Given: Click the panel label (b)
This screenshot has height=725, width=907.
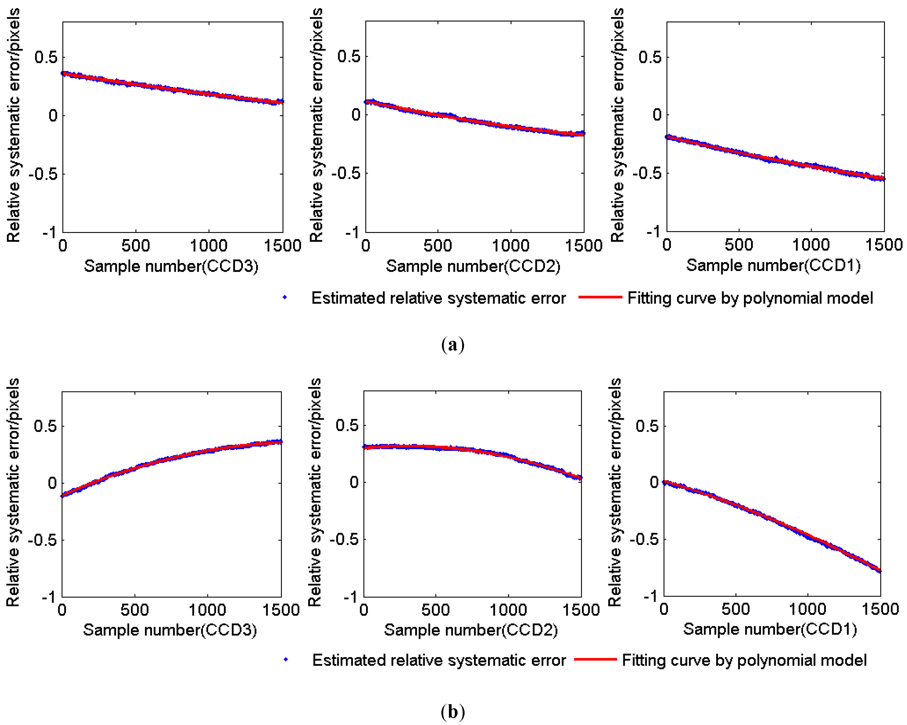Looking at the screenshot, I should (453, 711).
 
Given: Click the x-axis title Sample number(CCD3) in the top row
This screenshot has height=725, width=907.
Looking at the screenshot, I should (171, 266).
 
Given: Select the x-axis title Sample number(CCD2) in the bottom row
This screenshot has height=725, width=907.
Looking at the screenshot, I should (471, 630).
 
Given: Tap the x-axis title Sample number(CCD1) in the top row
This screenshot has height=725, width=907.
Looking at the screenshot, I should (773, 265).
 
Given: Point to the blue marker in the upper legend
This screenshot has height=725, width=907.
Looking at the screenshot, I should (285, 297).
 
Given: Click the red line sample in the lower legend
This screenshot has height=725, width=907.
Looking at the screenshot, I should (595, 659).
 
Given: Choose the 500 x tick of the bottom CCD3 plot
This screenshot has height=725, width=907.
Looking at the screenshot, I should (135, 610).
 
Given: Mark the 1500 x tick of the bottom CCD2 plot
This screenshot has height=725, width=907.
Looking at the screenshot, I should (581, 610).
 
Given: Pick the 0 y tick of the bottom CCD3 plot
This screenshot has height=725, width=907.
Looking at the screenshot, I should (52, 483).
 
